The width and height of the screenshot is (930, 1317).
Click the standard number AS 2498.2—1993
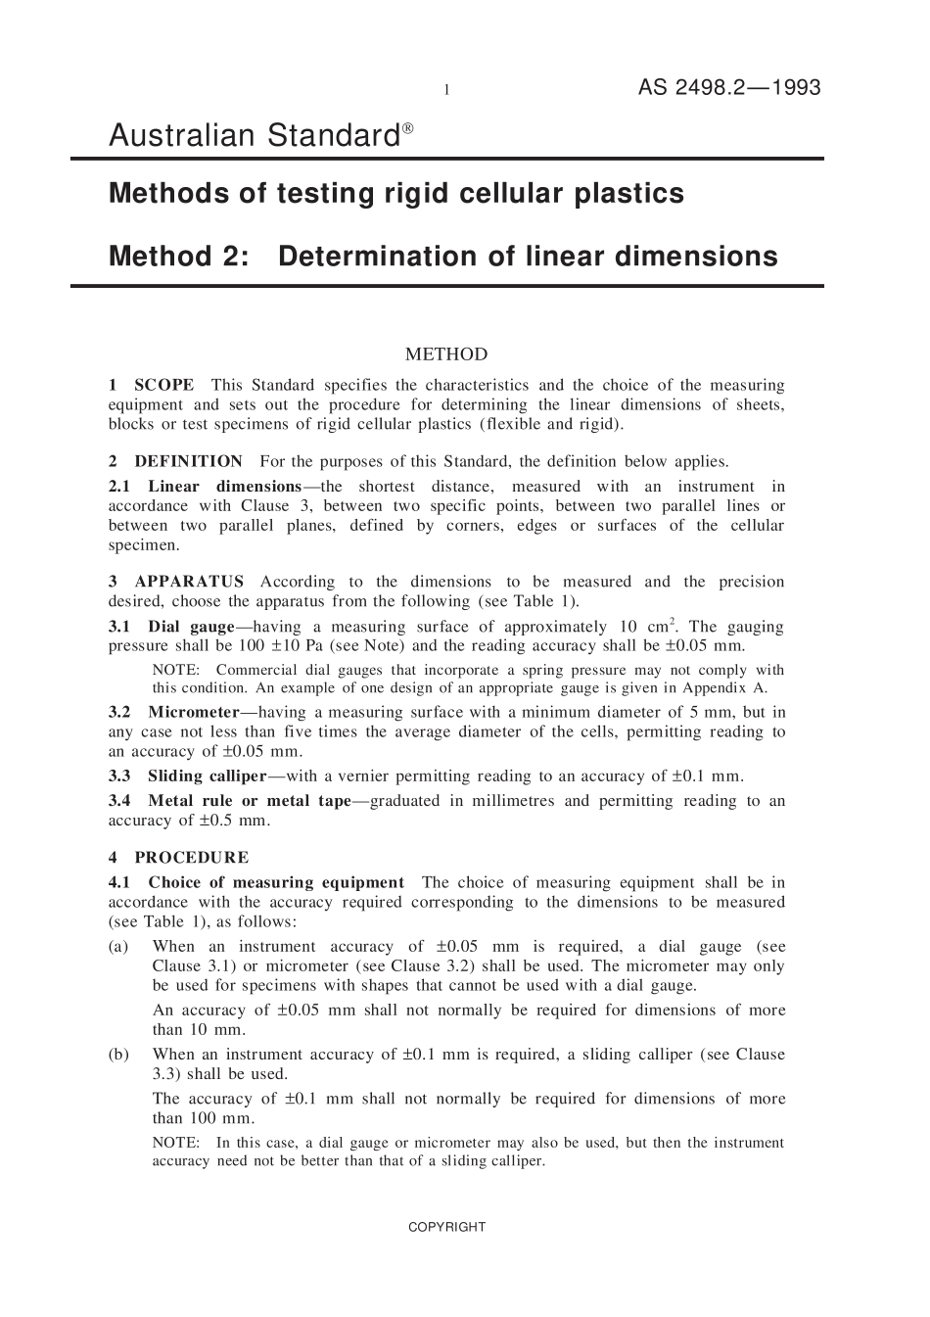pyautogui.click(x=729, y=87)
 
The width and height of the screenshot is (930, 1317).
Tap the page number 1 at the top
pyautogui.click(x=446, y=90)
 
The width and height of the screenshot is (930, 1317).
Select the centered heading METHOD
pyautogui.click(x=445, y=354)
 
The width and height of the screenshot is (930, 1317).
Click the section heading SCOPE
pyautogui.click(x=163, y=385)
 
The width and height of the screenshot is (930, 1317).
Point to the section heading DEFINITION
pyautogui.click(x=188, y=461)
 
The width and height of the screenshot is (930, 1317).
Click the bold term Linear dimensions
pyautogui.click(x=224, y=487)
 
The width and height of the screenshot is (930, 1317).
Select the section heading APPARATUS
pyautogui.click(x=189, y=582)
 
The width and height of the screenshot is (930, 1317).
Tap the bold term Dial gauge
pyautogui.click(x=191, y=627)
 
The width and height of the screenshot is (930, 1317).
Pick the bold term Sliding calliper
pyautogui.click(x=207, y=776)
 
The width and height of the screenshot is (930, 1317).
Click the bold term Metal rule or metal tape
pyautogui.click(x=249, y=801)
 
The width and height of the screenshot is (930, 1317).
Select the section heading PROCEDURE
pyautogui.click(x=191, y=858)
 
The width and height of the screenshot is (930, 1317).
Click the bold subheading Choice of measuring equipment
pyautogui.click(x=275, y=882)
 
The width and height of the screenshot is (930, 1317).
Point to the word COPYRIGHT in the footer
pyautogui.click(x=446, y=1227)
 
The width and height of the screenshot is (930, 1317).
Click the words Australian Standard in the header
pyautogui.click(x=254, y=136)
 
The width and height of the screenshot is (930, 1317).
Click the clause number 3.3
pyautogui.click(x=119, y=776)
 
